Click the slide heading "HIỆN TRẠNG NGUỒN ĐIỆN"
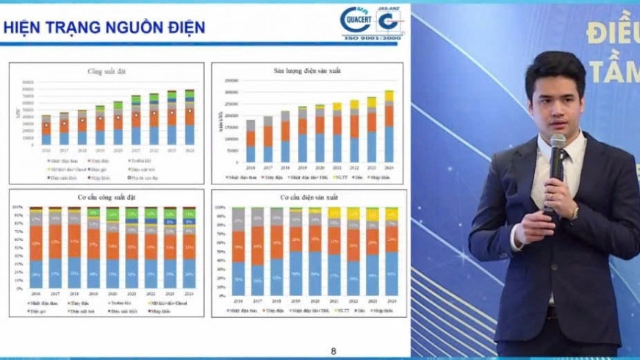(x=104, y=28)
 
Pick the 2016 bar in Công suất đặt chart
(x=46, y=131)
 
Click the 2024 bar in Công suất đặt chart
(x=190, y=118)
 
